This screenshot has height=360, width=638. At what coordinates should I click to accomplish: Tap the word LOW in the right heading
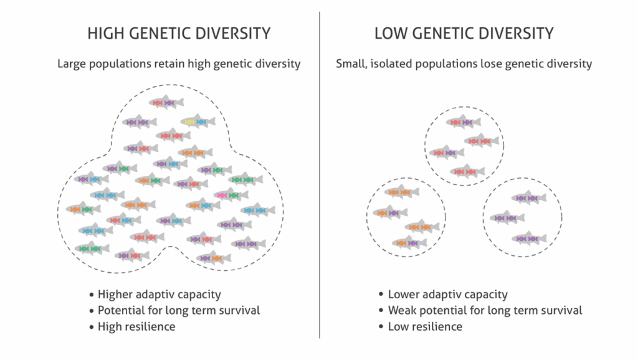coord(391,34)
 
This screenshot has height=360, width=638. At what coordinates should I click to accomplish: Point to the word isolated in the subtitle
coord(390,64)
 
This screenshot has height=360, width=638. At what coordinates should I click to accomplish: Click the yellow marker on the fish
coord(189,122)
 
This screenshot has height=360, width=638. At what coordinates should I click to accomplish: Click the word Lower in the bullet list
coord(404,295)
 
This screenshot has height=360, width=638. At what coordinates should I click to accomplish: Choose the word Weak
coord(402,310)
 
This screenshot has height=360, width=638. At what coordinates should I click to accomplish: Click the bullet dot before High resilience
coord(92,326)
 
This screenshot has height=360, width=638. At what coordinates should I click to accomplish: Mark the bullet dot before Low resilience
coord(381,326)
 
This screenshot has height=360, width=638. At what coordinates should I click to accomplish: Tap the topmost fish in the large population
coord(166,103)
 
